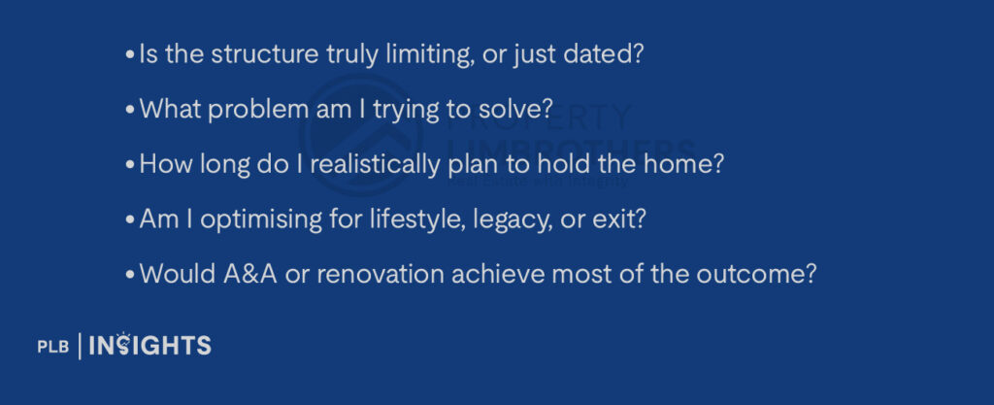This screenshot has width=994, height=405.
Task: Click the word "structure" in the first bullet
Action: click(x=264, y=54)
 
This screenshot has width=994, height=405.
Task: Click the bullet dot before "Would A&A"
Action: click(x=130, y=275)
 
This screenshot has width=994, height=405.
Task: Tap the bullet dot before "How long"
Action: click(x=130, y=165)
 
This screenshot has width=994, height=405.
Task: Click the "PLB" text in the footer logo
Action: click(x=53, y=347)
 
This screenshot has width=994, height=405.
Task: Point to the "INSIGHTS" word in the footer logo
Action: click(x=149, y=345)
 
